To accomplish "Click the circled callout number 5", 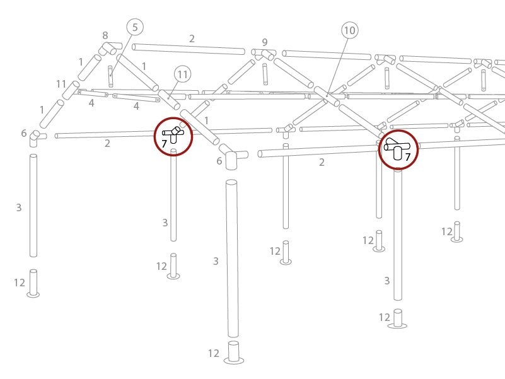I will [135, 27].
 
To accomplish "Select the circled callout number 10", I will [349, 30].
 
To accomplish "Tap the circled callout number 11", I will [182, 75].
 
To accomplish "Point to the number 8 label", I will [105, 36].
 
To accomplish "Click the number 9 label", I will [265, 43].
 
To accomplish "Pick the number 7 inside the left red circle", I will [164, 144].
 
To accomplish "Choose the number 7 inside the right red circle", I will [408, 157].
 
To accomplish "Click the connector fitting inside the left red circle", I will [173, 134].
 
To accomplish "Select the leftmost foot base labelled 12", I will [33, 284].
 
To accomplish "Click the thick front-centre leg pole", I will [233, 259].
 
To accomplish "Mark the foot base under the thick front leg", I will [233, 353].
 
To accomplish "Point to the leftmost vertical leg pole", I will [33, 205].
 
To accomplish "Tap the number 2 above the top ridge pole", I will [192, 39].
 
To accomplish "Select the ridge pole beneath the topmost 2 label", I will [189, 49].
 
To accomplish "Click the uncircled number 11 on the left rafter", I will [61, 84].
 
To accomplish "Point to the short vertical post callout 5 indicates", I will [110, 76].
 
